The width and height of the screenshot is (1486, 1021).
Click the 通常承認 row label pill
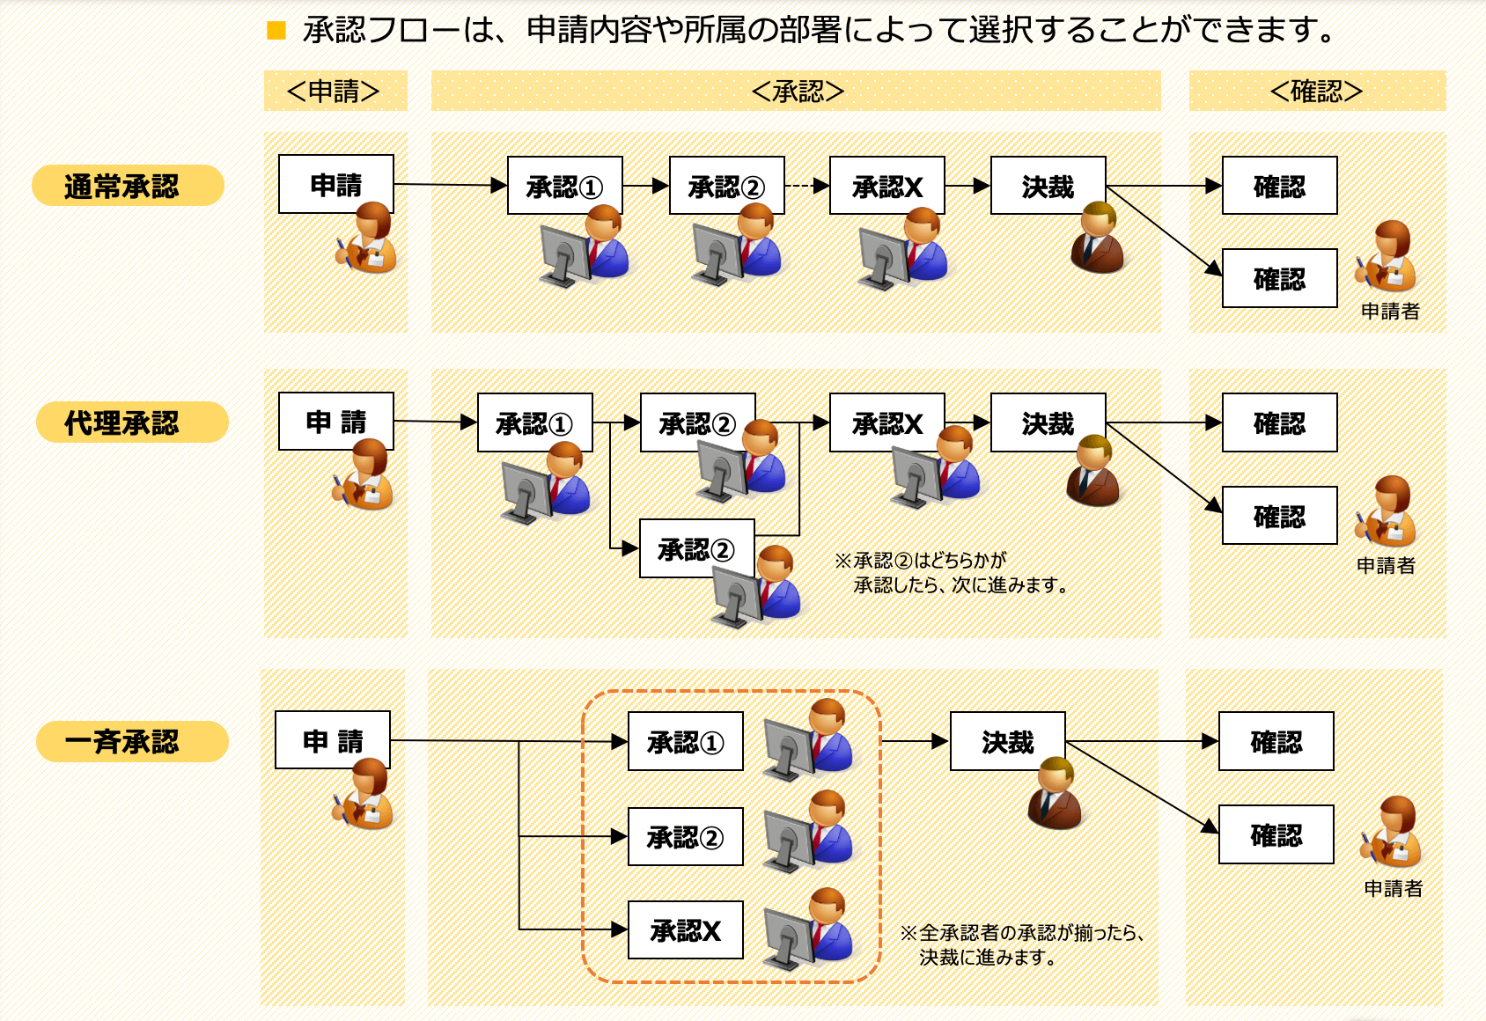pos(128,186)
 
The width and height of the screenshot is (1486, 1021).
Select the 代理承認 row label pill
pos(132,422)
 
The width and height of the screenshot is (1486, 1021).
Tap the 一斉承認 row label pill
pos(132,741)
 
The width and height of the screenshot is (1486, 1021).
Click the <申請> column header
pos(335,91)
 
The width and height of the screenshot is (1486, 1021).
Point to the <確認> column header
pos(1316,91)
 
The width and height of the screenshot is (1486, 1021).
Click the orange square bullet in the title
pos(276,32)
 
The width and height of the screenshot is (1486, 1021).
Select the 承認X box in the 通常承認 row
pos(886,186)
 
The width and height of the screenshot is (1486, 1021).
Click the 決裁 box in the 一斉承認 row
pos(1007,741)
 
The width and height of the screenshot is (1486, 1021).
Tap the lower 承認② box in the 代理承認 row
pos(696,548)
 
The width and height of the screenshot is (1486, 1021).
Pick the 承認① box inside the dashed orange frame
pos(685,741)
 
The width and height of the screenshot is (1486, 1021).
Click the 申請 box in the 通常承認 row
pos(335,184)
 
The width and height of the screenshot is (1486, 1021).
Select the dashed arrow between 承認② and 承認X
pos(806,186)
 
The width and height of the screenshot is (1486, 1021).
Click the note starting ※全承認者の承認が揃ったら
pos(1021,944)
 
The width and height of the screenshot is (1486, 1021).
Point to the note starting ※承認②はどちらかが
pos(951,572)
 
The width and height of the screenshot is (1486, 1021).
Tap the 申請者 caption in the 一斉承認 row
pos(1393,888)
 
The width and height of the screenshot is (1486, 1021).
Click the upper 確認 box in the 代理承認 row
pos(1279,422)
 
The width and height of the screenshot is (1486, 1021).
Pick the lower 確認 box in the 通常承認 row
pos(1279,278)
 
